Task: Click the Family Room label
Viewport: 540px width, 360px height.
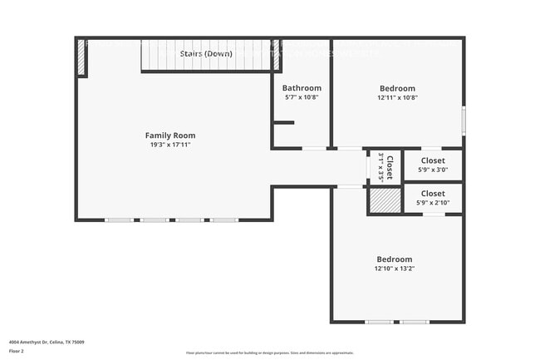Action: (x=170, y=136)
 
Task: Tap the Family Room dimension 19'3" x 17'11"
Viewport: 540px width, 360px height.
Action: (x=170, y=145)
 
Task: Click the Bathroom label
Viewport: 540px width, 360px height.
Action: (x=301, y=88)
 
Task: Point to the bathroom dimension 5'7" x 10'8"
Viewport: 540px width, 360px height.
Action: (x=301, y=97)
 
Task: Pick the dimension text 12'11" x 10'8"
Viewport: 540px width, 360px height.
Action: (x=397, y=97)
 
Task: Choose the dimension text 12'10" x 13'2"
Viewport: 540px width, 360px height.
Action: (x=394, y=269)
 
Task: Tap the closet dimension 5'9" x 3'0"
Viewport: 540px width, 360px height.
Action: (x=433, y=170)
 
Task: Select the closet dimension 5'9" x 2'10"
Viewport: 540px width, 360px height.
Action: (x=433, y=203)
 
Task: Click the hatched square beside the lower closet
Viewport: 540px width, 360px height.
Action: (x=385, y=200)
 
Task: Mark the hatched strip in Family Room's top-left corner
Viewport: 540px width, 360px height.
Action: (x=81, y=57)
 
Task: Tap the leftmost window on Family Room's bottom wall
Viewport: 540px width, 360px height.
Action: (x=119, y=219)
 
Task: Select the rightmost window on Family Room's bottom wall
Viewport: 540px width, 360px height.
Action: (x=223, y=219)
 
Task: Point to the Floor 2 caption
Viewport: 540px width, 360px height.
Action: (x=17, y=352)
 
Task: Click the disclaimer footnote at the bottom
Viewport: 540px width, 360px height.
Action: (x=269, y=353)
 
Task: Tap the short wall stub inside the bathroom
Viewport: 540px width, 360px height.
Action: (x=283, y=123)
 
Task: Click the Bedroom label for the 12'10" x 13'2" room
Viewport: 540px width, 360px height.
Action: (x=394, y=259)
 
